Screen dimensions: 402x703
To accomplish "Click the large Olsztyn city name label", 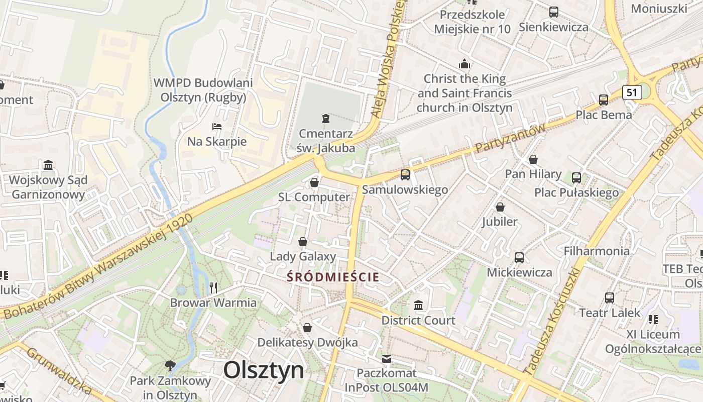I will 264,370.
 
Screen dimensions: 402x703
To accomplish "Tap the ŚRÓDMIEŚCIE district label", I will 333,276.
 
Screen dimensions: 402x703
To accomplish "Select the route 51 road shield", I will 632,92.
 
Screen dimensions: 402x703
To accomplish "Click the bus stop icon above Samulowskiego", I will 405,174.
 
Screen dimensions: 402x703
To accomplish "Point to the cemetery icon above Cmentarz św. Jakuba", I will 326,119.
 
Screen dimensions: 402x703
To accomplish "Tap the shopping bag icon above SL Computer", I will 314,182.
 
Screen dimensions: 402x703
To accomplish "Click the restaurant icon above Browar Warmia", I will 213,287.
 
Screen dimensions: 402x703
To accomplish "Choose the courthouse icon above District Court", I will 418,305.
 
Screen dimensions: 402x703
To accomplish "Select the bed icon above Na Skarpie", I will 217,126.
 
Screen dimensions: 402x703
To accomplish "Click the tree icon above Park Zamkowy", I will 170,365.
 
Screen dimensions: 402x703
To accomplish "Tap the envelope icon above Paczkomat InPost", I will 386,358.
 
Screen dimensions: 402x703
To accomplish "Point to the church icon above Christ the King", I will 464,64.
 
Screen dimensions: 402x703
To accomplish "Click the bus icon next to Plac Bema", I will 603,99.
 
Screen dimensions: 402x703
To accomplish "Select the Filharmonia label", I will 597,251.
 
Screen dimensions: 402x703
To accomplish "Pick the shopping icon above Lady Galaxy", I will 303,242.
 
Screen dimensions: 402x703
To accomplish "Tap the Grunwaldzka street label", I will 59,370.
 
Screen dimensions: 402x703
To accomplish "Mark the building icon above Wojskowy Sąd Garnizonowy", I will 48,165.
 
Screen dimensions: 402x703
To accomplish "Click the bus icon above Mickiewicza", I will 519,258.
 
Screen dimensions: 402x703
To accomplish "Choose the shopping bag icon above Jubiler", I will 500,207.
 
